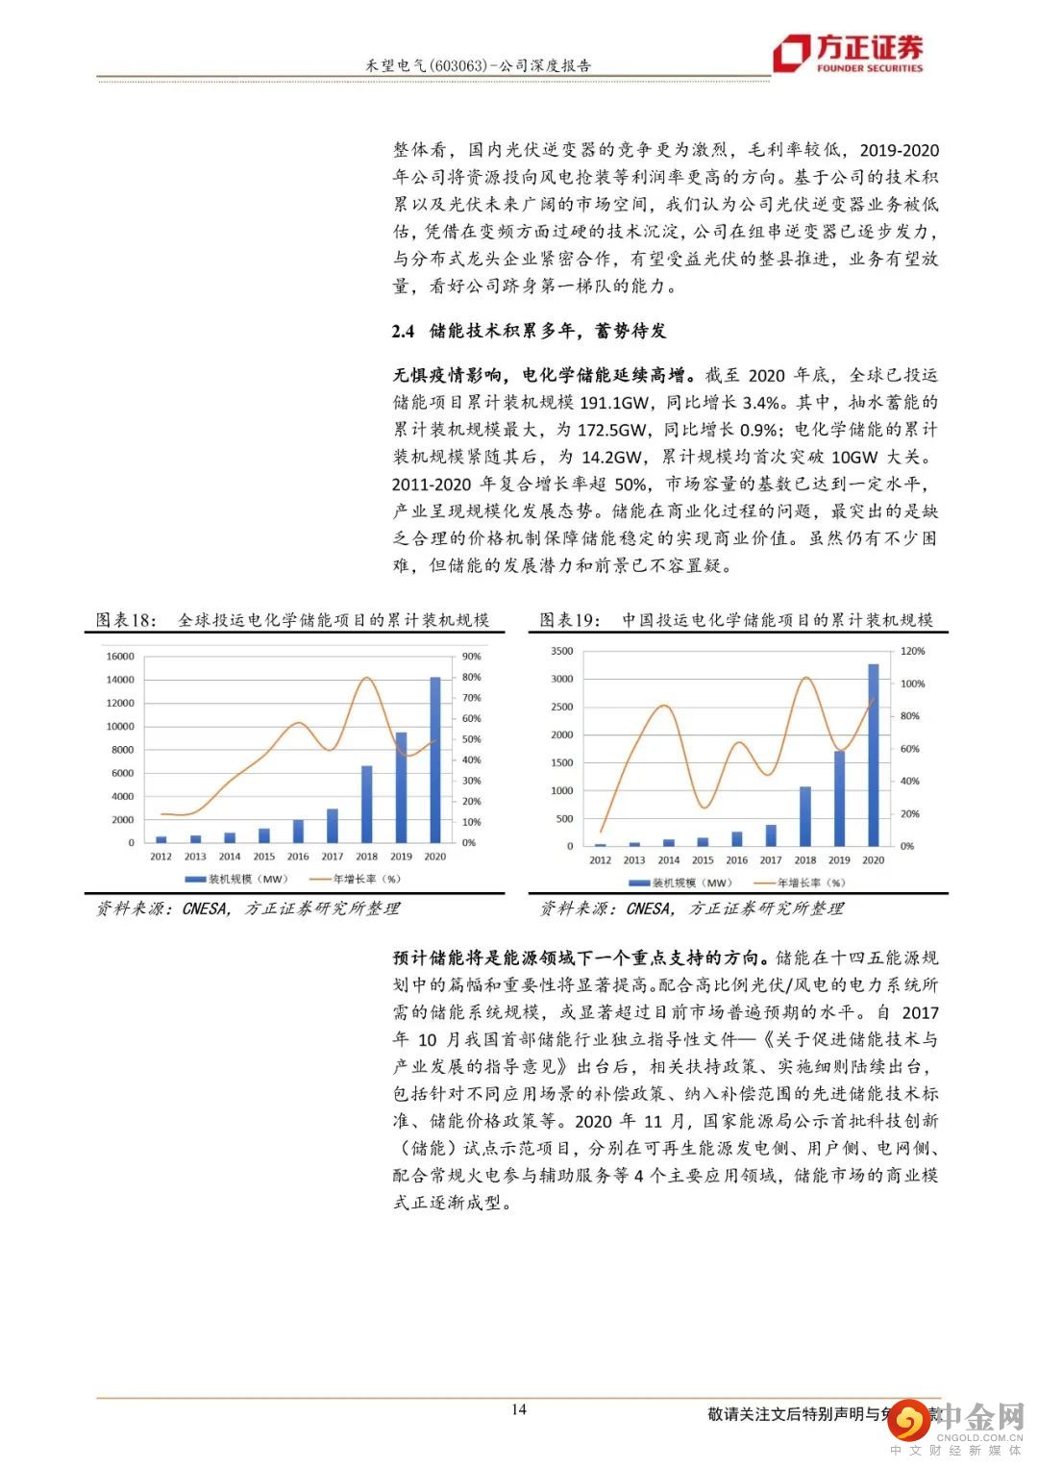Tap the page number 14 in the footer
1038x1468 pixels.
tap(519, 1409)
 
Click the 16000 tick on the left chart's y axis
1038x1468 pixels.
tap(120, 657)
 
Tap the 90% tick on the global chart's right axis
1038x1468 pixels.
tap(472, 657)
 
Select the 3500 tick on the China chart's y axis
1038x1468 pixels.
tap(562, 651)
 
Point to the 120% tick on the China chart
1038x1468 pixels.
tap(913, 651)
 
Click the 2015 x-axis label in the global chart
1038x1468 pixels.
tap(263, 857)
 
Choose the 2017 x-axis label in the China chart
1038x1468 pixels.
tap(771, 860)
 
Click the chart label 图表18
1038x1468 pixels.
tap(126, 620)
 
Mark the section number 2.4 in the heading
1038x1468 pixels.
tap(404, 331)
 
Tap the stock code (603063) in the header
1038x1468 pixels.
tap(454, 65)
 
